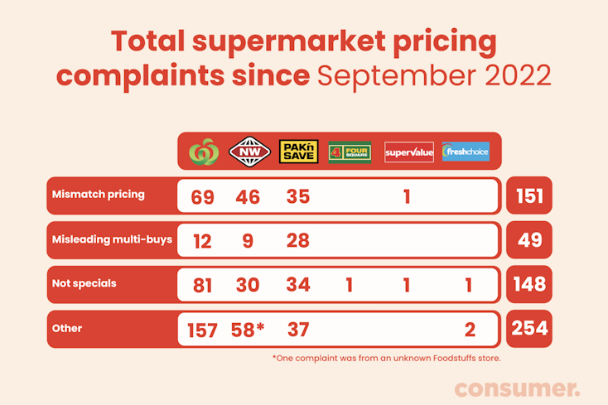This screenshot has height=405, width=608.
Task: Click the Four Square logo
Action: pos(350,152)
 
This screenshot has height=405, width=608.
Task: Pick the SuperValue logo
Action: pos(408,152)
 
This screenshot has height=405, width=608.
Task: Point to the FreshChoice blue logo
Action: pos(466,152)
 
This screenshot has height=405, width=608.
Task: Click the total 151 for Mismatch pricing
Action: pos(529,196)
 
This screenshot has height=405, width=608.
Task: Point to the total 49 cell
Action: pos(529,241)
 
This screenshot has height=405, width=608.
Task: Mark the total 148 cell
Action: pos(529,285)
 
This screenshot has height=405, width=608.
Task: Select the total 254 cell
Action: pos(529,329)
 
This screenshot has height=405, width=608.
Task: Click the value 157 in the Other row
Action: pos(201,330)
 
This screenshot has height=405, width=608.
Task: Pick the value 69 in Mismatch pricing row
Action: pos(201,197)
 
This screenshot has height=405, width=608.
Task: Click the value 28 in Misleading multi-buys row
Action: pos(297,241)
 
